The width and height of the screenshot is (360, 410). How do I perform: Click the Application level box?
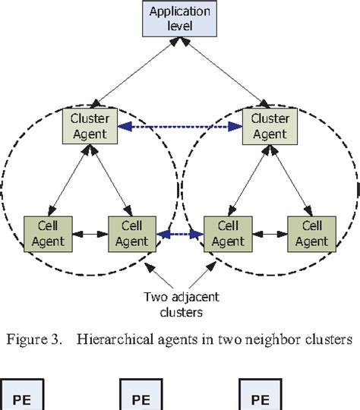[x=180, y=18]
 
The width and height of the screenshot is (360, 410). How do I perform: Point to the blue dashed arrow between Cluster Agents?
[x=179, y=127]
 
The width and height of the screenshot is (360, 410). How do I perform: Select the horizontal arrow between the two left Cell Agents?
[x=90, y=232]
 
